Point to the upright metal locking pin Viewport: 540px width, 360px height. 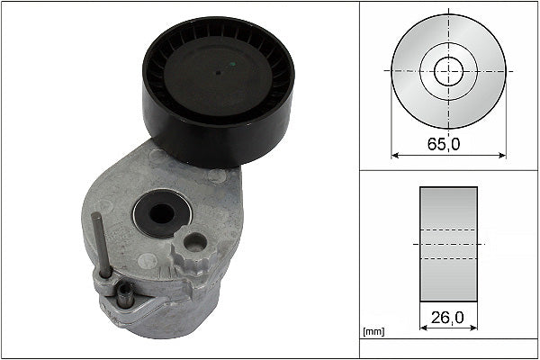click(102, 242)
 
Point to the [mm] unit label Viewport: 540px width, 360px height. click(372, 333)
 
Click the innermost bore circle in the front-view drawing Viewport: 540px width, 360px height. click(447, 69)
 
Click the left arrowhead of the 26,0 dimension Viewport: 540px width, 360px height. click(422, 329)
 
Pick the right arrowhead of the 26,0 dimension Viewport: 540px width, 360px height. click(474, 329)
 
